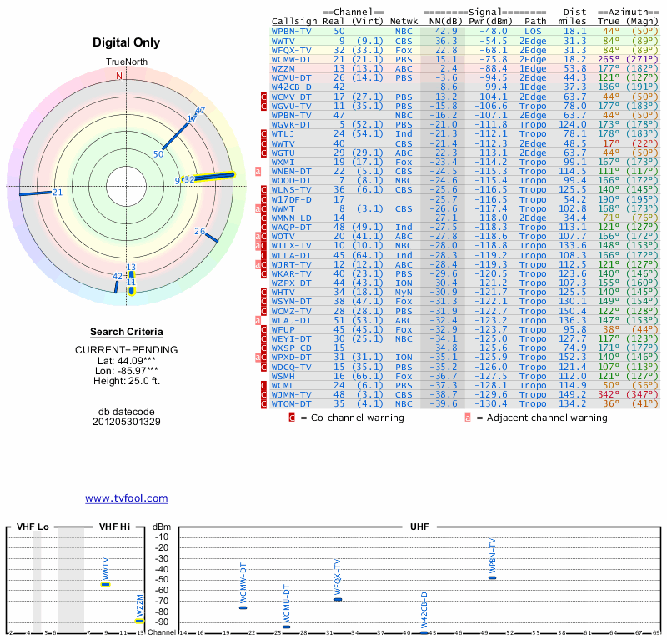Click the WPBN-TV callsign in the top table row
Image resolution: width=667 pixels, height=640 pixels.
(291, 30)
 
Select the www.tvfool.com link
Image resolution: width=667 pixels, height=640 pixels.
(127, 498)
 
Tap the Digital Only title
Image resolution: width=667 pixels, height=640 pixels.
(126, 42)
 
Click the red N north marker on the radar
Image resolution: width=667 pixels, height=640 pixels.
(119, 76)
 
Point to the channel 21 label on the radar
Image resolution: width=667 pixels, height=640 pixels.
(58, 192)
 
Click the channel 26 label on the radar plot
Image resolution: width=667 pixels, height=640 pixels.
(199, 231)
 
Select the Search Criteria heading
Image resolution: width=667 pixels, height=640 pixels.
(126, 332)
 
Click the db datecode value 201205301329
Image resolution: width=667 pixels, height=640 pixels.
(126, 422)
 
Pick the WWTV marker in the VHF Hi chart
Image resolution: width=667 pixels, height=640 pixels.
(106, 584)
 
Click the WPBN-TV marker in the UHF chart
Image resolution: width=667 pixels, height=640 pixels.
(492, 577)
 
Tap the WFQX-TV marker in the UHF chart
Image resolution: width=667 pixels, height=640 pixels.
(338, 599)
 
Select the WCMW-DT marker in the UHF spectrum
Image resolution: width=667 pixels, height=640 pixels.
(243, 607)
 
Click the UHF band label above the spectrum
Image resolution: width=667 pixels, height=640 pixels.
(420, 527)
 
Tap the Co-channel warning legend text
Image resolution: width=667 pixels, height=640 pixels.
(352, 417)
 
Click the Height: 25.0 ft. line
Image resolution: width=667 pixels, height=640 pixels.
(126, 381)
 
